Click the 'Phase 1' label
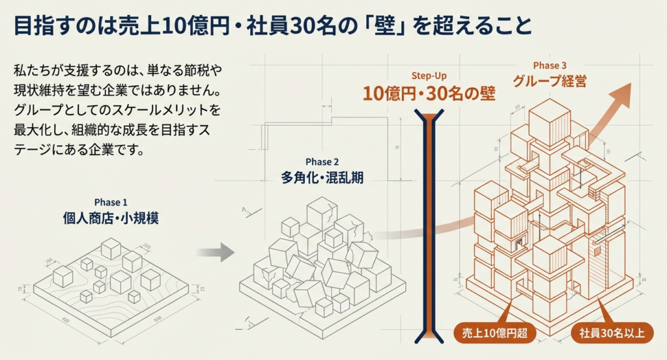point(111,202)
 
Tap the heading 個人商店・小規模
point(111,218)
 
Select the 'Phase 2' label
point(322,161)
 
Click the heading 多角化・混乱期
point(322,177)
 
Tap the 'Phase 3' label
point(550,65)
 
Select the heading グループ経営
point(550,82)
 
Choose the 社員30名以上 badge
point(612,334)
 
